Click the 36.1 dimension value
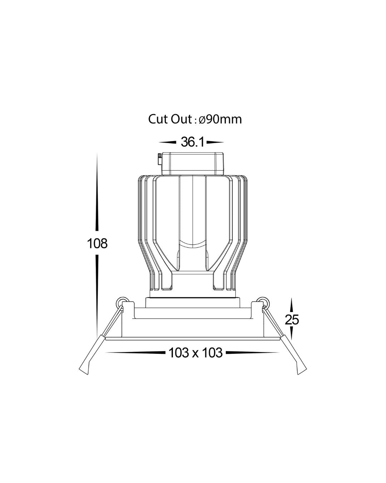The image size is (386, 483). (193, 142)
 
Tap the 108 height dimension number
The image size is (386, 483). (97, 243)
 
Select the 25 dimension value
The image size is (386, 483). (292, 319)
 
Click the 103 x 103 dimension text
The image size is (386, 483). (196, 353)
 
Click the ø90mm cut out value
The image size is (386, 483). (220, 119)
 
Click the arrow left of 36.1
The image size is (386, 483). (167, 142)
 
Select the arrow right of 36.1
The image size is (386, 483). (215, 142)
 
